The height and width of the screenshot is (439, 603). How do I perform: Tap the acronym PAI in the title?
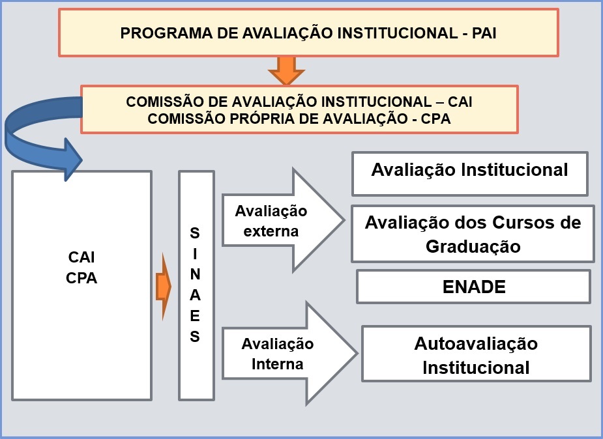pos(484,33)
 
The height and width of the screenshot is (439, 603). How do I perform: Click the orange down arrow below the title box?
pos(286,71)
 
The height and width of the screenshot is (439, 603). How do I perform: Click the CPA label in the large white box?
pos(81,278)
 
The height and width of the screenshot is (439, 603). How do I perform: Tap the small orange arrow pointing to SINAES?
pos(164,287)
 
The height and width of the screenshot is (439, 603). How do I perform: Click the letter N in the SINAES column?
pos(195,274)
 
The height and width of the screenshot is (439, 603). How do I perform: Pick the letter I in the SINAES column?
pos(195,254)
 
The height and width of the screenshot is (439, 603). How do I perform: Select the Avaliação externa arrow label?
pos(271,221)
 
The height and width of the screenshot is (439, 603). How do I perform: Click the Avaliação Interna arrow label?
pos(277,354)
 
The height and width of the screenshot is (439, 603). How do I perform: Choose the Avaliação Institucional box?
pos(469,174)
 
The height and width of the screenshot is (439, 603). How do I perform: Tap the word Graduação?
pos(473,246)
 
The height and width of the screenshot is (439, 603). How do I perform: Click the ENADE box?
pos(473,287)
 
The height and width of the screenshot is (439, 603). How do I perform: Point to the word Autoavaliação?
pos(476,343)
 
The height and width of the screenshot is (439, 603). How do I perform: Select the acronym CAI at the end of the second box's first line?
pos(460,102)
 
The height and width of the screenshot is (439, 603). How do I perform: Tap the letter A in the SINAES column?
pos(195,295)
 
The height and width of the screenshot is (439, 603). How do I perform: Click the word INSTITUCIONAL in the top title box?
pos(397,33)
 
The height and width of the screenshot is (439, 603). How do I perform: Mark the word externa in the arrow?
pos(271,231)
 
